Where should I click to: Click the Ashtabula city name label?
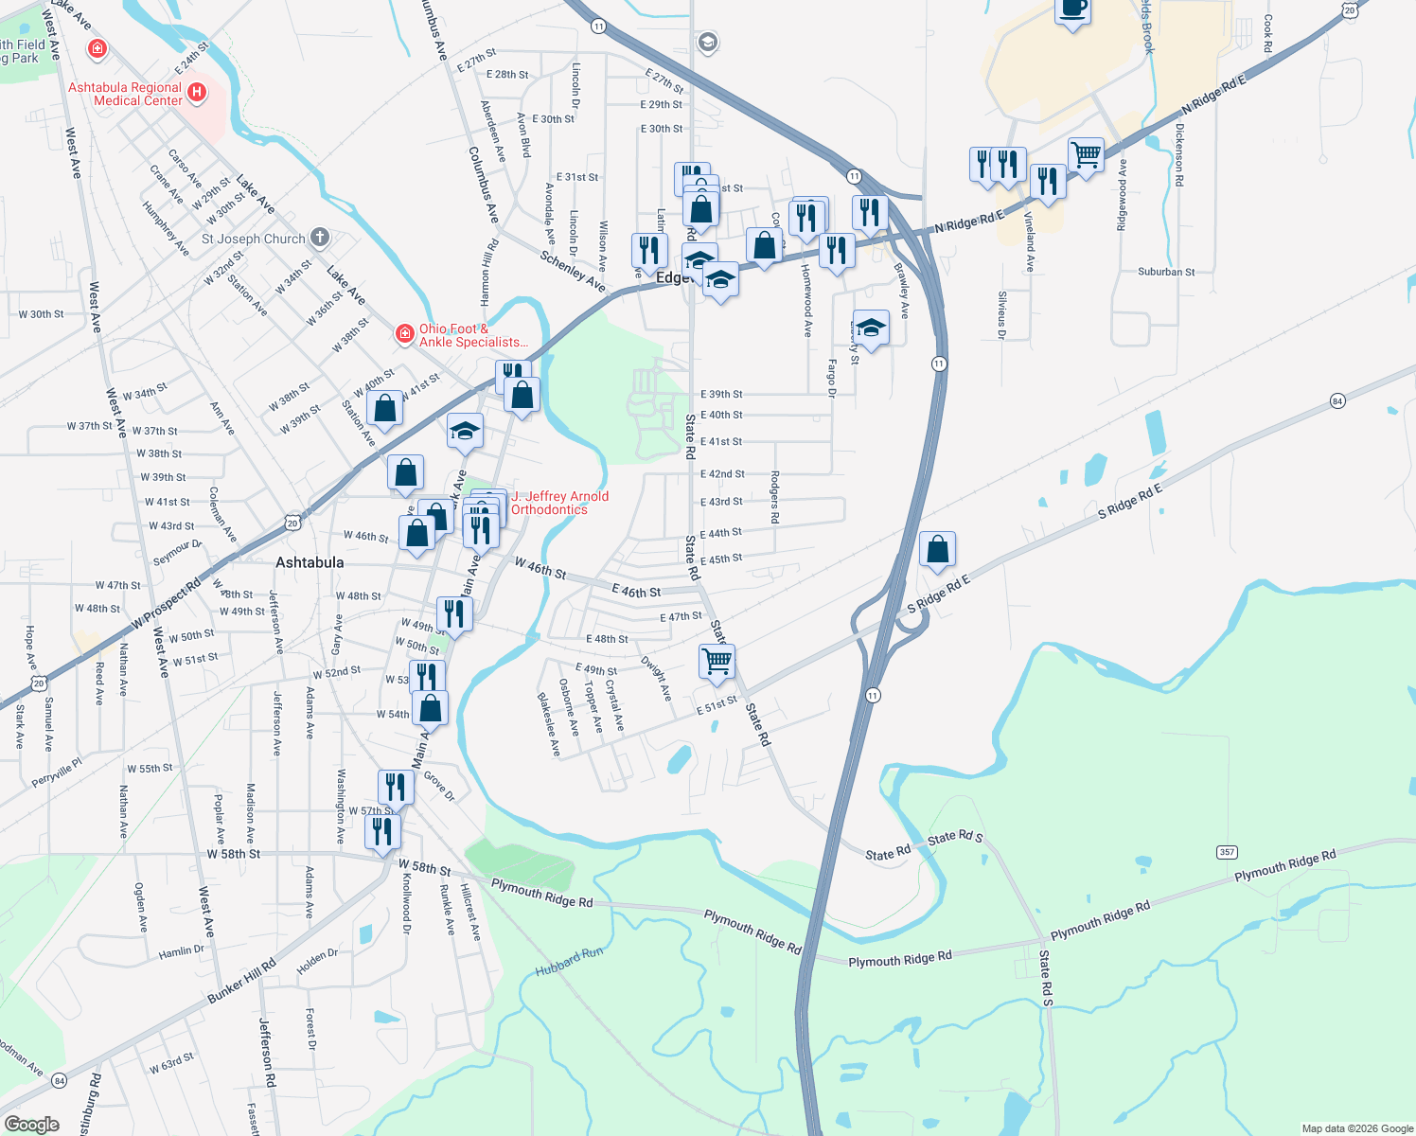tap(310, 562)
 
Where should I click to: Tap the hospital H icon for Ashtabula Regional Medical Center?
tap(197, 92)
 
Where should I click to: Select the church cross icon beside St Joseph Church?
tap(320, 238)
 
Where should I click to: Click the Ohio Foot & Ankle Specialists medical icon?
tap(404, 333)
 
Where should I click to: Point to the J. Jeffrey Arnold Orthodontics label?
tap(559, 503)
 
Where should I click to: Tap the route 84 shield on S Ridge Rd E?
tap(1336, 400)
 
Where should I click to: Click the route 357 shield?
tap(1227, 852)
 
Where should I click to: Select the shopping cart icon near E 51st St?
tap(717, 661)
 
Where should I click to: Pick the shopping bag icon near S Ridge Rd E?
tap(937, 549)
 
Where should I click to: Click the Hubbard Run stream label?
tap(569, 962)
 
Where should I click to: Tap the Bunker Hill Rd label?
tap(241, 981)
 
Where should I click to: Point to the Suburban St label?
tap(1166, 272)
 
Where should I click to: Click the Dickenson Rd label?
tap(1179, 153)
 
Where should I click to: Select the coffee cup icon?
tap(1072, 9)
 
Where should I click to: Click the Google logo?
tap(31, 1124)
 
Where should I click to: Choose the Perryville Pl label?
tap(57, 773)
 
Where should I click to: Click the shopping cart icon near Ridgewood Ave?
tap(1086, 154)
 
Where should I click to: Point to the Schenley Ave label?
tap(573, 270)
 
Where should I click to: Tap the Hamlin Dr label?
tap(181, 951)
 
